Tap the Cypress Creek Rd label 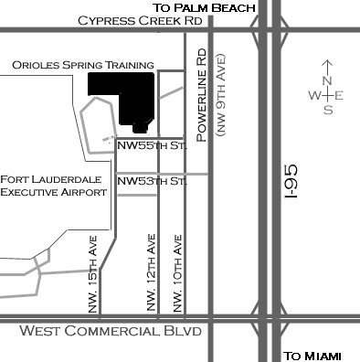click(153, 21)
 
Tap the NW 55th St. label click(152, 144)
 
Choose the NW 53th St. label click(152, 182)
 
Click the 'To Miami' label click(312, 356)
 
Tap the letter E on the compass click(340, 95)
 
